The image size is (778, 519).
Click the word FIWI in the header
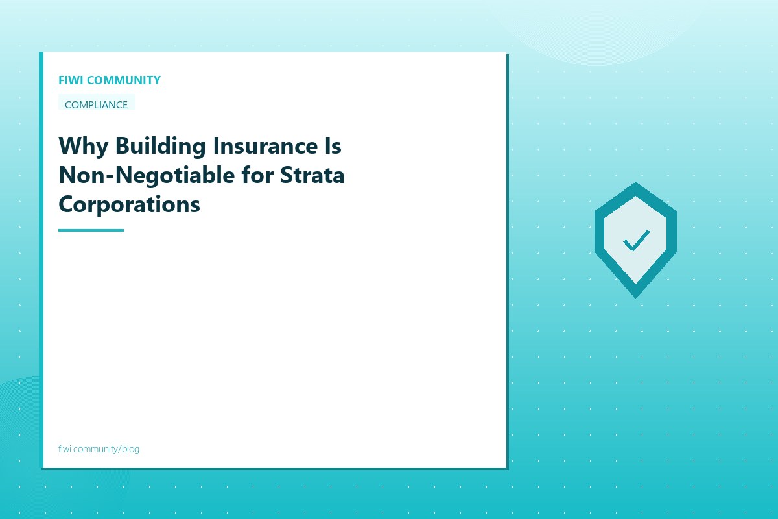71,80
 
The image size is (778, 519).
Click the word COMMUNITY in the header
123,80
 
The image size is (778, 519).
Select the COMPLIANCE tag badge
97,104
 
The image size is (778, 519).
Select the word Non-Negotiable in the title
146,175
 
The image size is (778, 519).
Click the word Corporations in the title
129,204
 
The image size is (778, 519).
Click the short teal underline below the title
91,230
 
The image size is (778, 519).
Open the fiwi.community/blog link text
99,449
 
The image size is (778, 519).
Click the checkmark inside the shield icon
636,241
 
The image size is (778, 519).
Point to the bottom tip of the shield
636,296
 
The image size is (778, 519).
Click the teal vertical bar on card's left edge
41,259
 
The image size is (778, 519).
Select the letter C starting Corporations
66,204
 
